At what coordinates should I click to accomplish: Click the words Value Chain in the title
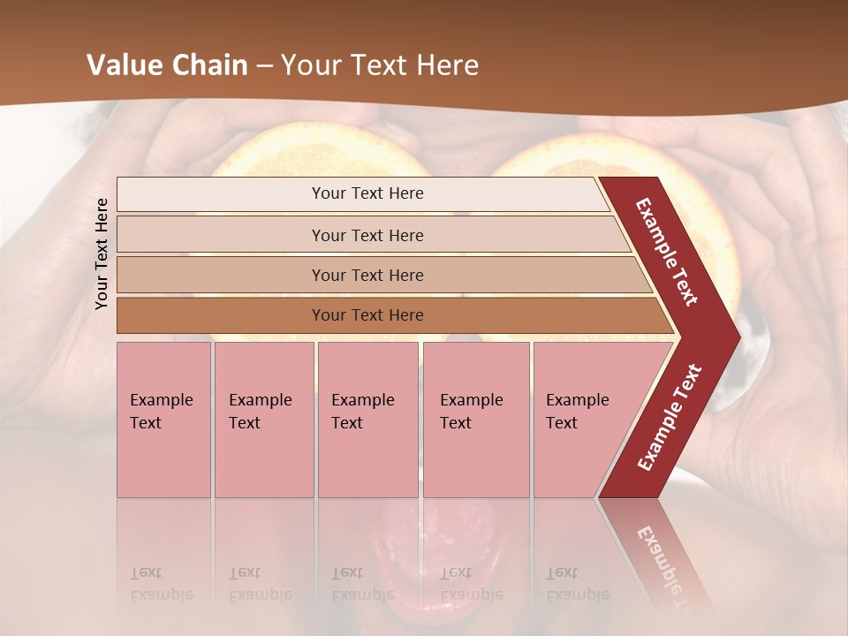coord(167,65)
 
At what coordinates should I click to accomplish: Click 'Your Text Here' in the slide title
coord(380,65)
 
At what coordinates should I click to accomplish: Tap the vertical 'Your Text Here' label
coord(102,254)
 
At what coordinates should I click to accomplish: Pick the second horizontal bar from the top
coord(367,235)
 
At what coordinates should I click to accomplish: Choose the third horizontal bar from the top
coord(367,275)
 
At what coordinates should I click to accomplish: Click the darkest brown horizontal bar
coord(367,315)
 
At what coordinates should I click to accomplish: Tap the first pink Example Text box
coord(163,420)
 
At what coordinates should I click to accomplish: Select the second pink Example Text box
coord(263,420)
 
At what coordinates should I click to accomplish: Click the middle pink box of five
coord(367,420)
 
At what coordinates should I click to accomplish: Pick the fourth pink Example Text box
coord(475,420)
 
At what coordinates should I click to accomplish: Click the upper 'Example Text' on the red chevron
coord(667,252)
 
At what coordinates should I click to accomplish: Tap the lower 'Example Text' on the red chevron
coord(669,417)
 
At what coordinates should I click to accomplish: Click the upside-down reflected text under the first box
coord(161,584)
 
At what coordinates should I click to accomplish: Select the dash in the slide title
coord(264,65)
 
